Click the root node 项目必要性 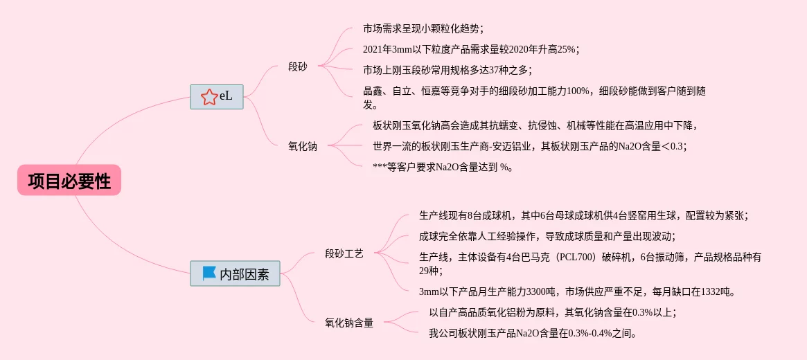point(69,181)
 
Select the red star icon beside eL point(209,97)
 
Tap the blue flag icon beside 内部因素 point(209,273)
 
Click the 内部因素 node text point(245,274)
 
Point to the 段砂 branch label point(298,67)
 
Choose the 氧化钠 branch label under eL point(303,146)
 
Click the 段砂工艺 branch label point(344,254)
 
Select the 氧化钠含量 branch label point(349,323)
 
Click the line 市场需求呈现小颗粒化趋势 point(423,28)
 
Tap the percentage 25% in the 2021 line point(566,49)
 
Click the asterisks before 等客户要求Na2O point(380,167)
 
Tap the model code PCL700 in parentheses point(594,257)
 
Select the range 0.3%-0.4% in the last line point(590,333)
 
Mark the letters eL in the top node point(227,96)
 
